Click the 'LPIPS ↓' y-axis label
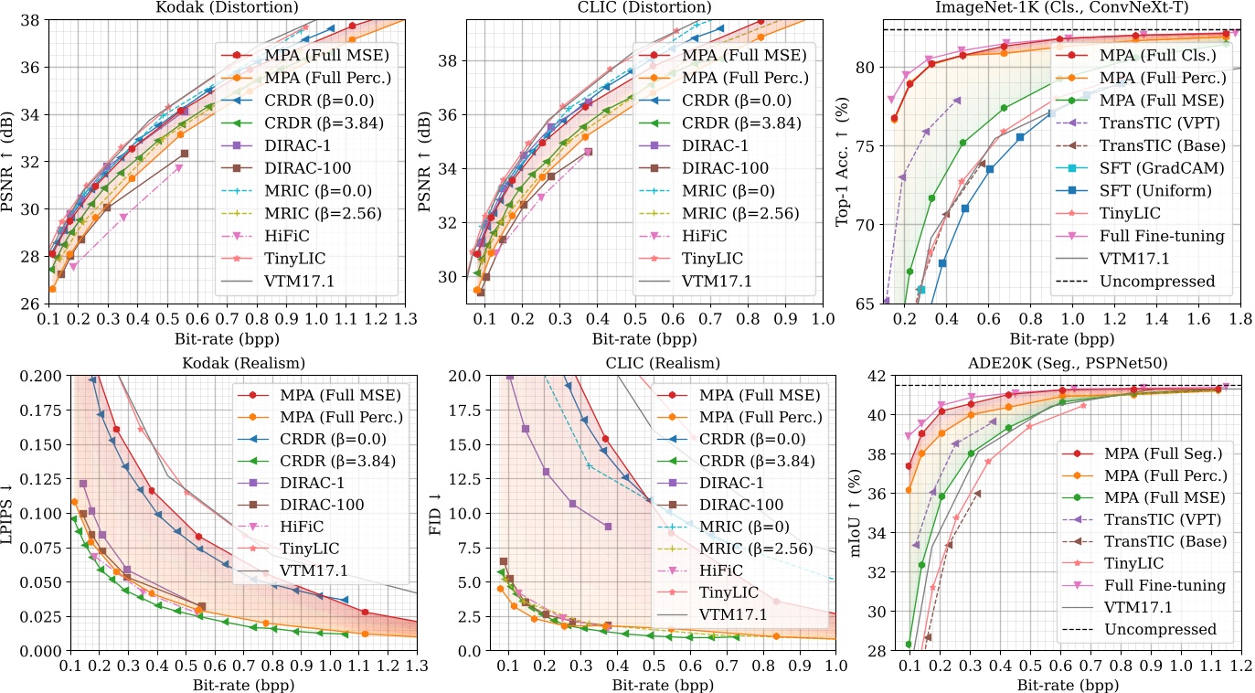pos(10,517)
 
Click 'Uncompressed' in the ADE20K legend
pos(1160,629)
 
